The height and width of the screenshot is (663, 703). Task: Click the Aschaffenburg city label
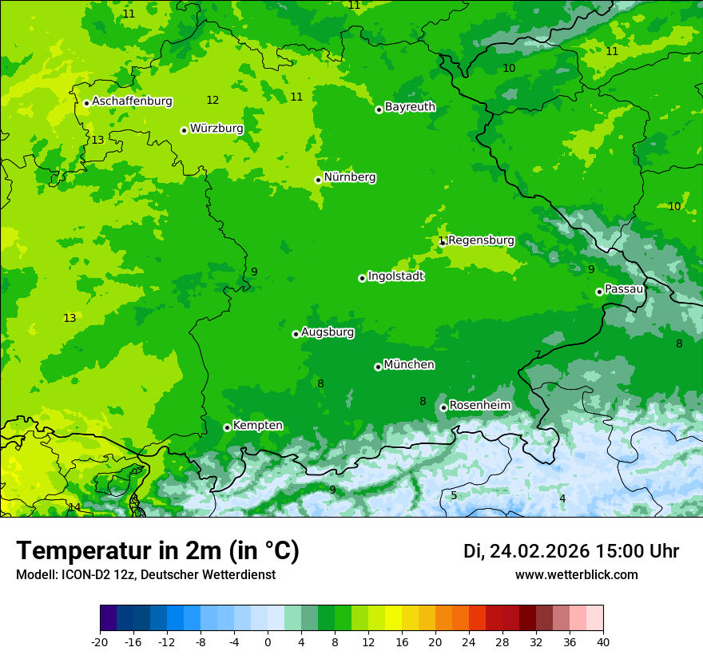pyautogui.click(x=132, y=101)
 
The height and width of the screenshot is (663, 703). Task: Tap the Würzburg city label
pyautogui.click(x=216, y=129)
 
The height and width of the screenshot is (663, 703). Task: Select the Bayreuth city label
pyautogui.click(x=410, y=107)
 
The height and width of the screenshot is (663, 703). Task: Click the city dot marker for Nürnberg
pyautogui.click(x=318, y=180)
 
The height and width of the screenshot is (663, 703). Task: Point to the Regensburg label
pyautogui.click(x=481, y=240)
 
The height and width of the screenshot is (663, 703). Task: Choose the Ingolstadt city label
pyautogui.click(x=395, y=276)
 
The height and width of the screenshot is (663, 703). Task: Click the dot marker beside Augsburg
pyautogui.click(x=296, y=334)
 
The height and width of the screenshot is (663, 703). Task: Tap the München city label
pyautogui.click(x=409, y=365)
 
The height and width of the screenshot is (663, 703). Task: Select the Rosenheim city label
pyautogui.click(x=479, y=406)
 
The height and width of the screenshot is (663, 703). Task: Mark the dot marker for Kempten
pyautogui.click(x=227, y=427)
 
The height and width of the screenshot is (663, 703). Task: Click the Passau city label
pyautogui.click(x=624, y=289)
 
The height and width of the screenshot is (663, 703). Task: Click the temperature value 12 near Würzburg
pyautogui.click(x=212, y=101)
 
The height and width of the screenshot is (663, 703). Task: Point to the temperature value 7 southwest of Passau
pyautogui.click(x=538, y=355)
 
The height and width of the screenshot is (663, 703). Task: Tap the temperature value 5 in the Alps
pyautogui.click(x=454, y=495)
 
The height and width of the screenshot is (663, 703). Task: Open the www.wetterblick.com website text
pyautogui.click(x=576, y=574)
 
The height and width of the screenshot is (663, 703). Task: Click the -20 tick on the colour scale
pyautogui.click(x=100, y=641)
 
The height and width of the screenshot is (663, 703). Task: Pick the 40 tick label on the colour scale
pyautogui.click(x=602, y=641)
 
